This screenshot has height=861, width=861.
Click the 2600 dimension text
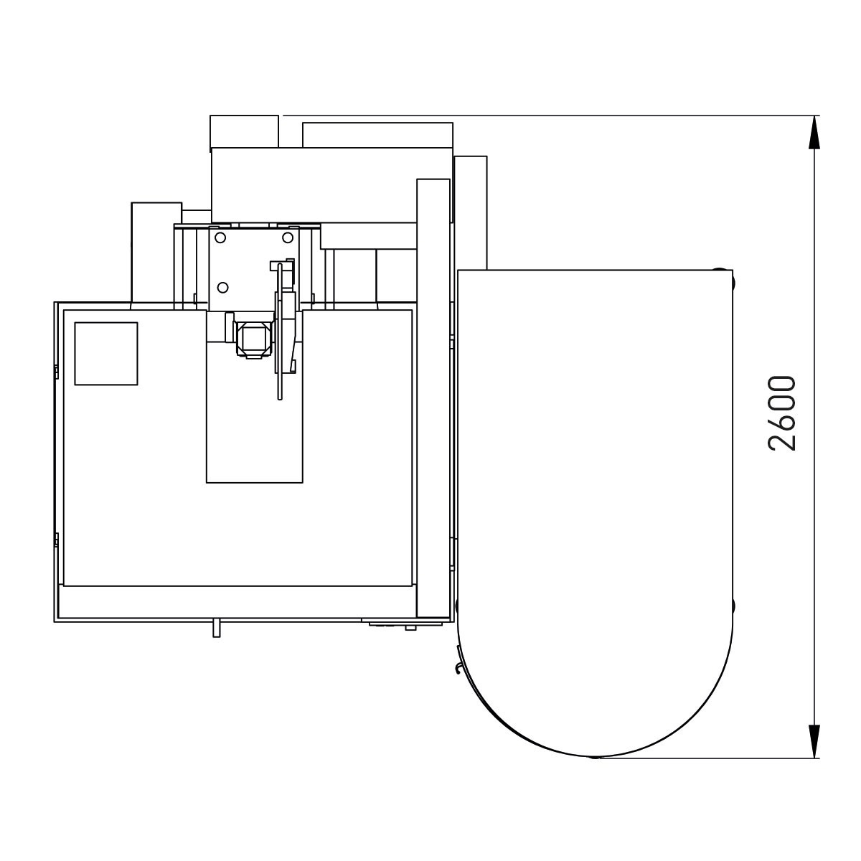[782, 413]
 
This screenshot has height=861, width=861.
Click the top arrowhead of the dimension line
[814, 132]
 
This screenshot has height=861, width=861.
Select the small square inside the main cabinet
[106, 354]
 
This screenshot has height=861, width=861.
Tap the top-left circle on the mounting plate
[220, 237]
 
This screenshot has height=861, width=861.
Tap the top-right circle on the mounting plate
[288, 237]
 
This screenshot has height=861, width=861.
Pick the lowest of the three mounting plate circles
[222, 287]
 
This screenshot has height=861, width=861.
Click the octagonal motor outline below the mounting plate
[253, 340]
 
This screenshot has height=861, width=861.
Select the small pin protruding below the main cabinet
[216, 629]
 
